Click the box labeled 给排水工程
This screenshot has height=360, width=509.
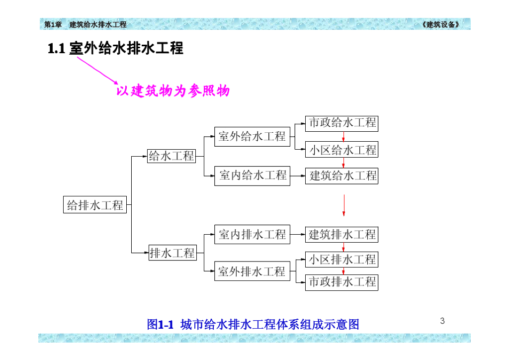pyautogui.click(x=95, y=204)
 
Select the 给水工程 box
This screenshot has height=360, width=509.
pyautogui.click(x=171, y=156)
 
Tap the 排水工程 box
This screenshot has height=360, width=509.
pyautogui.click(x=172, y=253)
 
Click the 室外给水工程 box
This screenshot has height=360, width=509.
pyautogui.click(x=252, y=136)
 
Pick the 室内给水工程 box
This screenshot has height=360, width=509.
pyautogui.click(x=252, y=175)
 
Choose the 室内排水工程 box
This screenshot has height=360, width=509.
pyautogui.click(x=252, y=234)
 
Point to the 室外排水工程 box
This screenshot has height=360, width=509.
pyautogui.click(x=252, y=271)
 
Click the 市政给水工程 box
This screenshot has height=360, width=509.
pyautogui.click(x=341, y=123)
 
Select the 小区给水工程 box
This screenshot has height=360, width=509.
pyautogui.click(x=341, y=149)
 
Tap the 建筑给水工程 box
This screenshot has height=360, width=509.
pyautogui.click(x=341, y=175)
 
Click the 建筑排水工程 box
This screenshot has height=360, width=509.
pyautogui.click(x=341, y=234)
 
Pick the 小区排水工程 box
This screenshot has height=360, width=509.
pyautogui.click(x=341, y=259)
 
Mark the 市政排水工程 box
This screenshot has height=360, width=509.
pyautogui.click(x=341, y=282)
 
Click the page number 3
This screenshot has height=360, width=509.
pyautogui.click(x=442, y=321)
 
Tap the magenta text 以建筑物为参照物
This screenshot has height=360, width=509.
pyautogui.click(x=173, y=91)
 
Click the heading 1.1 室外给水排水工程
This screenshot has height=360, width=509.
pyautogui.click(x=115, y=48)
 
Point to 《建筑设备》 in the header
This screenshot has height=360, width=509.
pyautogui.click(x=440, y=24)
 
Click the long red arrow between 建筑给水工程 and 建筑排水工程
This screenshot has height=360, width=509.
pyautogui.click(x=343, y=205)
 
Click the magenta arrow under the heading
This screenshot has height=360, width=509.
pyautogui.click(x=97, y=70)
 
